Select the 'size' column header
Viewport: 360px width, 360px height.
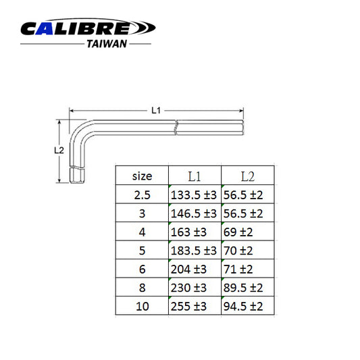(142, 176)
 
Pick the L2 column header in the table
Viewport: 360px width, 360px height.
(247, 176)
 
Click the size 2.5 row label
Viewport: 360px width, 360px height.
(142, 195)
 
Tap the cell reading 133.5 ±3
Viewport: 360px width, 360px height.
(193, 195)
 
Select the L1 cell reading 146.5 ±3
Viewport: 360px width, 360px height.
(193, 213)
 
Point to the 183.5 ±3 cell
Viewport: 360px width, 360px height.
(193, 250)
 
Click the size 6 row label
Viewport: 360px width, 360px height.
(142, 269)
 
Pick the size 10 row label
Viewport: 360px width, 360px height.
(142, 306)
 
